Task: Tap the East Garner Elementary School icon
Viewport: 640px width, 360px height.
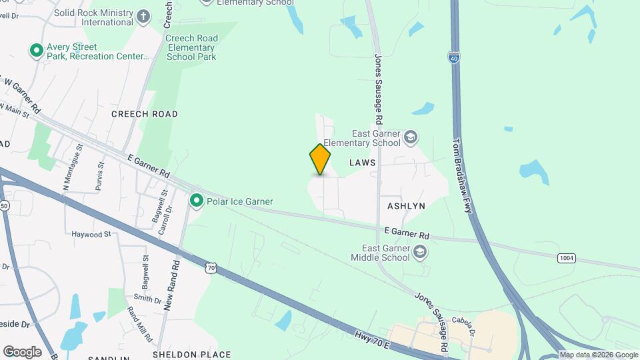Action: click(x=411, y=137)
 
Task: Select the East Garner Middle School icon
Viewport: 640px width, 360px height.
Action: click(x=419, y=252)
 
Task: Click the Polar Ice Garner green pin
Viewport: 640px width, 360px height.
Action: click(x=196, y=200)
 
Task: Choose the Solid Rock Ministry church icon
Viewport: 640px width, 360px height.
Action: click(x=143, y=16)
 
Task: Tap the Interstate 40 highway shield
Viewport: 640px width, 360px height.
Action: click(x=454, y=58)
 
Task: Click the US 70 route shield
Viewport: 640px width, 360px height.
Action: click(x=211, y=267)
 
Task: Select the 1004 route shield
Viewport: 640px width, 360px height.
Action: click(x=566, y=258)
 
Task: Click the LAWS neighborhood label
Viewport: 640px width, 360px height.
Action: click(x=363, y=163)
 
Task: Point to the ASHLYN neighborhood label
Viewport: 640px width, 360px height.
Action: click(x=402, y=206)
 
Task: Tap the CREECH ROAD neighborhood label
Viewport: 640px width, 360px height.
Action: click(x=145, y=114)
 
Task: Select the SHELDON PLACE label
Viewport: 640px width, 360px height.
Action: click(x=191, y=355)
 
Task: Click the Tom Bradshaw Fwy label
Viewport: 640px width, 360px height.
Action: click(x=463, y=175)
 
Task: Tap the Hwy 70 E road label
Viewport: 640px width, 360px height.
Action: click(x=373, y=337)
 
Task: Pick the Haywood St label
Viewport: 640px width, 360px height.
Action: click(x=92, y=235)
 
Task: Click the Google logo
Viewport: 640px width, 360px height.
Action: click(x=22, y=351)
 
